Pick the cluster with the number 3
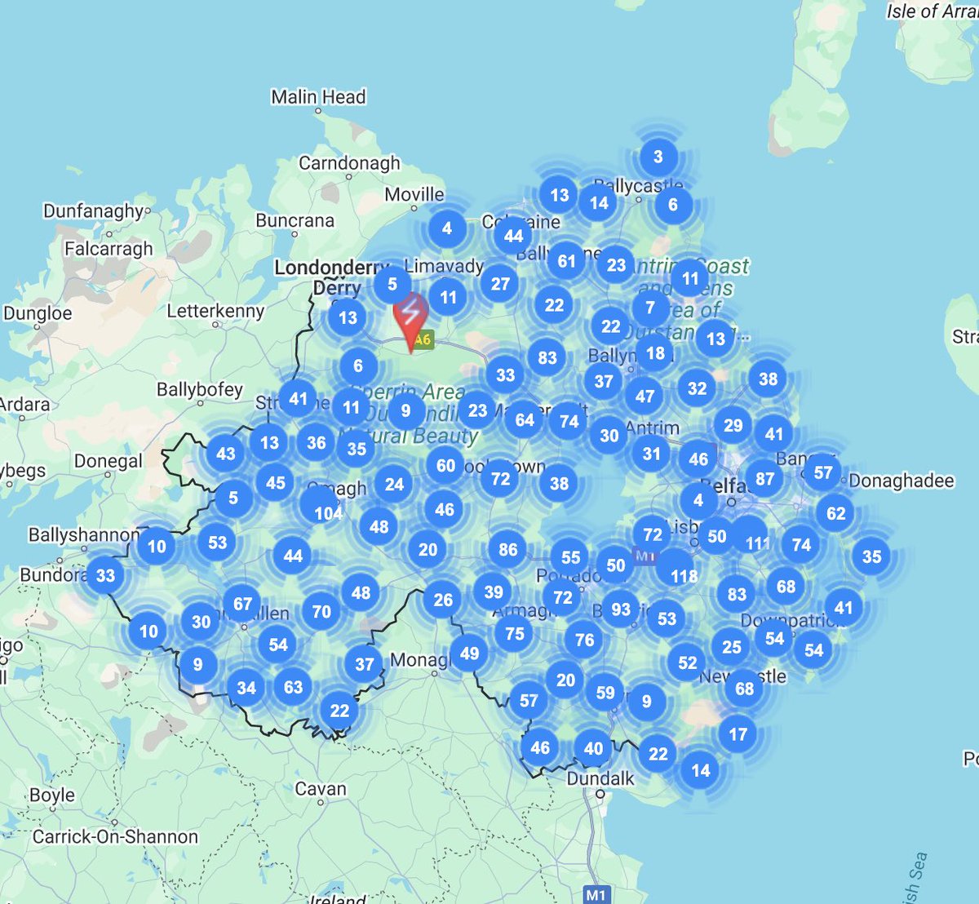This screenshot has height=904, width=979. [x=658, y=157]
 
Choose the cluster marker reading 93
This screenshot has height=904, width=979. [x=621, y=609]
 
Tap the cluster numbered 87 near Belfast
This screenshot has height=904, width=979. [x=764, y=479]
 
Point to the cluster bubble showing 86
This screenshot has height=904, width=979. [x=507, y=549]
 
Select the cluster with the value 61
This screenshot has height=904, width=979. [x=566, y=261]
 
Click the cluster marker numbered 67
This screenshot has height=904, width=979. [x=242, y=604]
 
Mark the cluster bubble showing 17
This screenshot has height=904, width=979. [x=738, y=733]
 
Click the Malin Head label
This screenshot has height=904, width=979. [x=318, y=97]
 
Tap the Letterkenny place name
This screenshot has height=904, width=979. [x=215, y=311]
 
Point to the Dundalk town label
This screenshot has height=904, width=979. [x=600, y=778]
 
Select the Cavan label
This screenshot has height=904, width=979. [x=321, y=789]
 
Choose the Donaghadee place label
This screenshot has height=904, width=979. [x=901, y=481]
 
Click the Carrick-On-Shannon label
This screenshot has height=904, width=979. [x=115, y=836]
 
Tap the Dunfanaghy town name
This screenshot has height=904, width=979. [x=93, y=210]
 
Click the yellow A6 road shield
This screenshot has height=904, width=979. [x=422, y=339]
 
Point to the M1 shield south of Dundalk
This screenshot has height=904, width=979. [x=596, y=894]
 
